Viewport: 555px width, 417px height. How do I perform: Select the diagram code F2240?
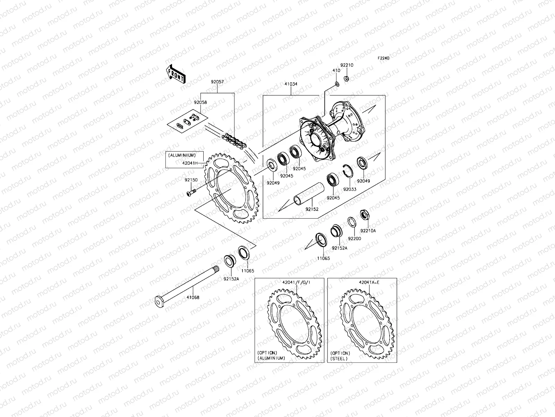pyautogui.click(x=384, y=58)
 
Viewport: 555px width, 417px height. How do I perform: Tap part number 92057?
pyautogui.click(x=218, y=83)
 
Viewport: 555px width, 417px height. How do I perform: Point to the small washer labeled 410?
pyautogui.click(x=336, y=84)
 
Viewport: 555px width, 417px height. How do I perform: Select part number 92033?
pyautogui.click(x=350, y=189)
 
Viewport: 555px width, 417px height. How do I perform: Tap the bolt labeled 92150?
pyautogui.click(x=190, y=191)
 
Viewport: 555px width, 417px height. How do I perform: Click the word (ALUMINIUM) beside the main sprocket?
pyautogui.click(x=182, y=155)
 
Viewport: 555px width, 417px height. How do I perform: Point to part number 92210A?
pyautogui.click(x=368, y=230)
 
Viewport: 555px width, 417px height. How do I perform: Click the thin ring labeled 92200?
pyautogui.click(x=351, y=222)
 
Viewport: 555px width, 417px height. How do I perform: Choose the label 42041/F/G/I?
pyautogui.click(x=296, y=283)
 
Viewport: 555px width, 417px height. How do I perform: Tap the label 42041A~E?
pyautogui.click(x=369, y=283)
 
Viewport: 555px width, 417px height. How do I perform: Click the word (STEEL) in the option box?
pyautogui.click(x=339, y=358)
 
